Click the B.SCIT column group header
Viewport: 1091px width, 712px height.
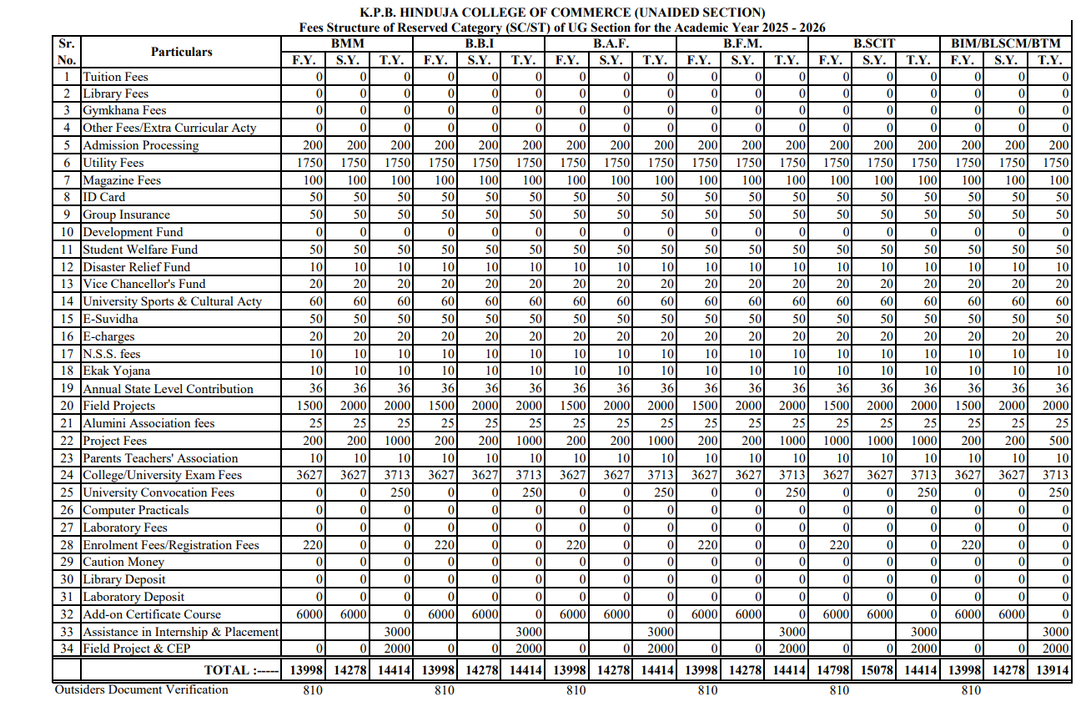[x=873, y=43]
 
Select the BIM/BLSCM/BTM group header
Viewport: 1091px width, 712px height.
[x=1006, y=43]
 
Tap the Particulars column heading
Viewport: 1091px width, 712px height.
[x=181, y=52]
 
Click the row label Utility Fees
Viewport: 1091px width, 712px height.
[x=113, y=163]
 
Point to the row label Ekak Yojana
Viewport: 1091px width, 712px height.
[x=116, y=371]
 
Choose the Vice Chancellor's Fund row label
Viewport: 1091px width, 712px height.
[x=143, y=284]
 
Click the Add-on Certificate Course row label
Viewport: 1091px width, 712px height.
[x=152, y=614]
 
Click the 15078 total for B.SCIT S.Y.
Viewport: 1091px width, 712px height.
[x=873, y=669]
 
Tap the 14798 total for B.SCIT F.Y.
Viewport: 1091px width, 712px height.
[x=829, y=669]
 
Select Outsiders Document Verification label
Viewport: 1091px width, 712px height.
[x=141, y=689]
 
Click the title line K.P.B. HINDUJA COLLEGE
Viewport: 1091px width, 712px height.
[x=562, y=13]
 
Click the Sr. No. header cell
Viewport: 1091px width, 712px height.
[x=66, y=52]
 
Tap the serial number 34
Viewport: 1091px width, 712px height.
[x=67, y=649]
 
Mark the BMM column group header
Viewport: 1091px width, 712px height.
[x=346, y=43]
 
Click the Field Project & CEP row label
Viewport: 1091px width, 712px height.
[x=136, y=649]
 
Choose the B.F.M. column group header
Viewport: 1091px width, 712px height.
[x=742, y=43]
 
